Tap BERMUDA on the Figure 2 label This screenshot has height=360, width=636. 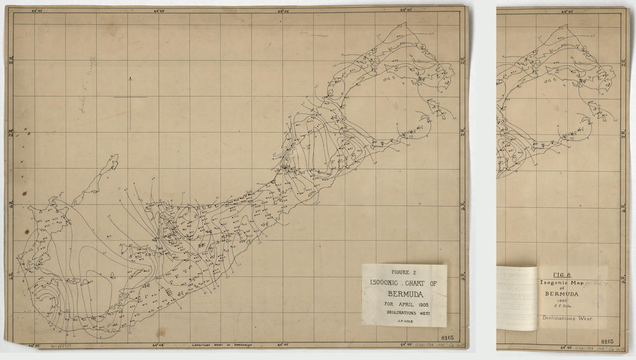(x=404, y=294)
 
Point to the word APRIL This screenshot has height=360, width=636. (x=404, y=305)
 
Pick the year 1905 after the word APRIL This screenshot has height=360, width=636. (x=420, y=305)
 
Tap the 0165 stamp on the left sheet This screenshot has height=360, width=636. (x=446, y=337)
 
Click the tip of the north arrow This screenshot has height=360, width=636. (x=130, y=77)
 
